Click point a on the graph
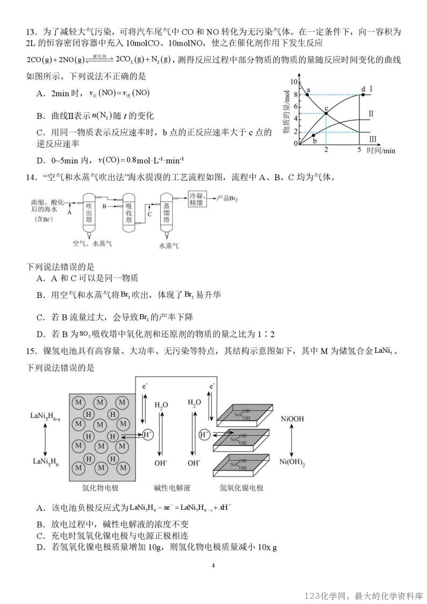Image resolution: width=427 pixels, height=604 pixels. click(x=307, y=94)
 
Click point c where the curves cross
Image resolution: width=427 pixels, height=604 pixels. click(x=326, y=113)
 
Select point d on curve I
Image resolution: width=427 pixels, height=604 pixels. click(x=364, y=94)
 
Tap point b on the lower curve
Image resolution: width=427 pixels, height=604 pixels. click(x=314, y=135)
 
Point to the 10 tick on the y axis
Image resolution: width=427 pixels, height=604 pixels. click(x=294, y=82)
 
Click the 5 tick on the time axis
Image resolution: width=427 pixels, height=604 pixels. click(x=359, y=149)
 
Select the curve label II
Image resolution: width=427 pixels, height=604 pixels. click(x=371, y=114)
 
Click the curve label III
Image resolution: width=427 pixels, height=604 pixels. click(x=373, y=140)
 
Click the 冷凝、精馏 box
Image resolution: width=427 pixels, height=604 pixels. click(x=197, y=198)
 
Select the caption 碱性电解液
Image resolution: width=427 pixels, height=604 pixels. click(x=172, y=488)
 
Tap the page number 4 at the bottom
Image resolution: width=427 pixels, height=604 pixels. click(x=213, y=565)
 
